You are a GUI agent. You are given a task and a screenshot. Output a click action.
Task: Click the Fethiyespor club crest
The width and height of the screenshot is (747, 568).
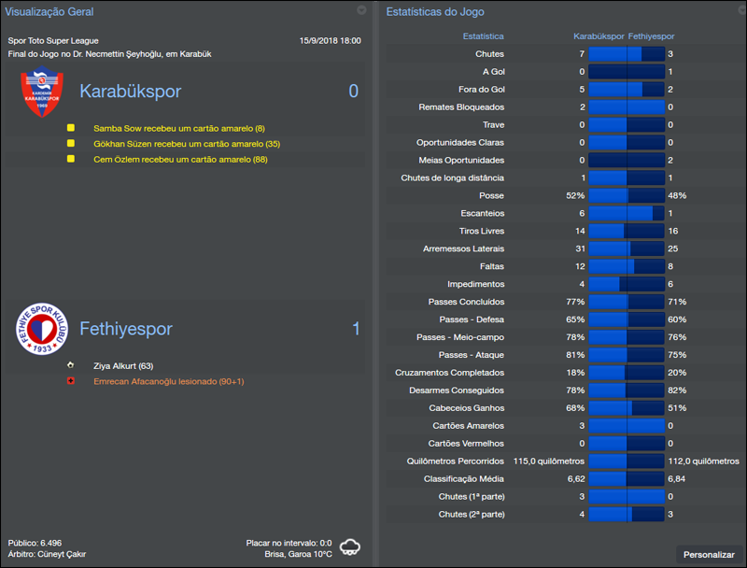41,329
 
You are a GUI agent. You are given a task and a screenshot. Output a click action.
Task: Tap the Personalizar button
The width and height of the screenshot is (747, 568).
709,554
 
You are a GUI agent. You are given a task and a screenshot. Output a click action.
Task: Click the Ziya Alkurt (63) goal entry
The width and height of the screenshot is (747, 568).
123,365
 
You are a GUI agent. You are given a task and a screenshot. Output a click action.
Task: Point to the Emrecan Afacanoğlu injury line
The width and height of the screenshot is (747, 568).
168,381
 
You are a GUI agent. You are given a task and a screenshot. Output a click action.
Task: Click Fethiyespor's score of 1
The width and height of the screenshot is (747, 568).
356,329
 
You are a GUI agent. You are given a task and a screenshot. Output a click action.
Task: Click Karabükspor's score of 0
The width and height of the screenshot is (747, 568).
353,92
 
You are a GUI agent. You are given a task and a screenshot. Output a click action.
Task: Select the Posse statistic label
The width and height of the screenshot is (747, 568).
491,195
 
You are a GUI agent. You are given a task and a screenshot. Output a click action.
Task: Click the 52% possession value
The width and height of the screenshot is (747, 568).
575,195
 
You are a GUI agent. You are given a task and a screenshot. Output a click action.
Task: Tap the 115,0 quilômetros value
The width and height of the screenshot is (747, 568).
549,461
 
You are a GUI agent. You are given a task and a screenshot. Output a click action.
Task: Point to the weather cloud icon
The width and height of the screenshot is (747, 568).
351,547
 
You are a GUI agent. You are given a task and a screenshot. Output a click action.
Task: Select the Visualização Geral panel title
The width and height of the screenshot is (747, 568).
49,11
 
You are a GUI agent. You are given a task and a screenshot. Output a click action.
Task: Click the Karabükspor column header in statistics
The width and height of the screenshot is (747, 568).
598,36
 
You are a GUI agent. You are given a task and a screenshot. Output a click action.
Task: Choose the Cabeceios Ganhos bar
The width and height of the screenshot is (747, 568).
626,407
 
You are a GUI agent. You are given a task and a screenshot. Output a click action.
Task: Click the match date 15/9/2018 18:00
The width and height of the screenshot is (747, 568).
330,41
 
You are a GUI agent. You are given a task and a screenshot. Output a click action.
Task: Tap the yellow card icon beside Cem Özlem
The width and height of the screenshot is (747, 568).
70,160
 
